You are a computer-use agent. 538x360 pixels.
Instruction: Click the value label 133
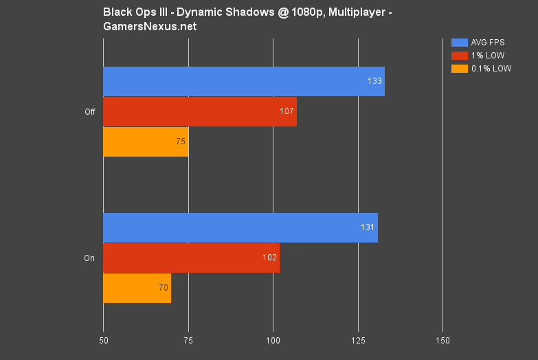click(374, 82)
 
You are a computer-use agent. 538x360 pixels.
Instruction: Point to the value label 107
click(288, 111)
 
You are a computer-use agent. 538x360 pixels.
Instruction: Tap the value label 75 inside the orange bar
click(181, 142)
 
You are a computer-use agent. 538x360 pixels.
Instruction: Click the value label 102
click(269, 258)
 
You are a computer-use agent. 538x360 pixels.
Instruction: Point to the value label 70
click(164, 288)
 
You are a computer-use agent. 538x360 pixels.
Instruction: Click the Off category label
click(89, 112)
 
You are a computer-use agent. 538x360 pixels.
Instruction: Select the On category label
click(89, 258)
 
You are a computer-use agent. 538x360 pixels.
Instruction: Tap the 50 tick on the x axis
click(103, 340)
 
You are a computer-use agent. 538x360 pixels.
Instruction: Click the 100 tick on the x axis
click(273, 340)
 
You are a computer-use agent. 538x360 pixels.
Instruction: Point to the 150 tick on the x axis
click(442, 340)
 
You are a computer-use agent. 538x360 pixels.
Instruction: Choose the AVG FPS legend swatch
click(459, 43)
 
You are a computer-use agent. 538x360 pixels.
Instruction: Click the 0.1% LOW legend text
click(491, 68)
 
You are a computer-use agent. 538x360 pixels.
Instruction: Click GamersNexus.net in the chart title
click(150, 26)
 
